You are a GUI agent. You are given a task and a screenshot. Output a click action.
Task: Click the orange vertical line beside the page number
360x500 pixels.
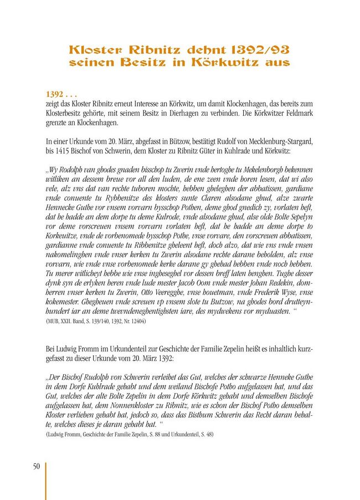(x=45, y=480)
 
